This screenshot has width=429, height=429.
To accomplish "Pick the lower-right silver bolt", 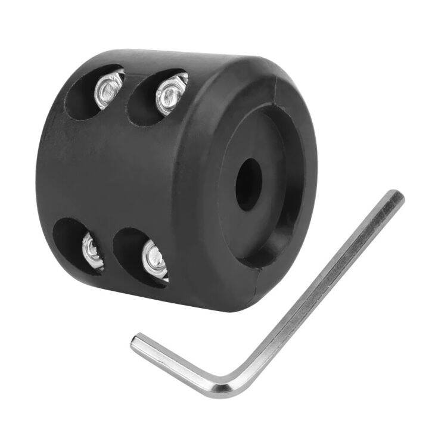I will (x=154, y=258).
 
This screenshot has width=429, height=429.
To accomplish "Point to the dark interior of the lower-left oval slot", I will (x=70, y=241).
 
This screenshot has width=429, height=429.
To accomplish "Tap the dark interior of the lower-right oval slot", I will (x=128, y=253).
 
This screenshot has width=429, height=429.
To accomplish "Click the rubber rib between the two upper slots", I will (x=128, y=83).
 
